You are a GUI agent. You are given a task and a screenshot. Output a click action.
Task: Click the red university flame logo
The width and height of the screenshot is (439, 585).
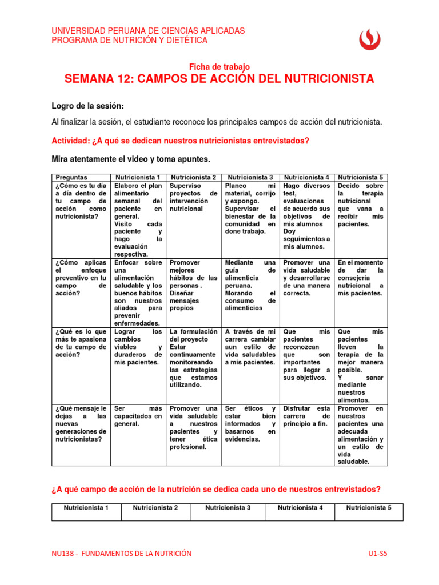[x=369, y=39]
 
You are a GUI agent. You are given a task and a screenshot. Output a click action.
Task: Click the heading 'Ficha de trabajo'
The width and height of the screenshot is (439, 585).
[x=219, y=67]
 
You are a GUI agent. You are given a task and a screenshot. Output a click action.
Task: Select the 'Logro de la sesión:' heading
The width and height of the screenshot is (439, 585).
[x=87, y=107]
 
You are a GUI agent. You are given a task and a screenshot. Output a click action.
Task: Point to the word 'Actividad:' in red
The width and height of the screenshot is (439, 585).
[x=71, y=141]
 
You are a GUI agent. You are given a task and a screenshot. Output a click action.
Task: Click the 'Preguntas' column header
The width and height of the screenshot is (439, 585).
[x=72, y=178]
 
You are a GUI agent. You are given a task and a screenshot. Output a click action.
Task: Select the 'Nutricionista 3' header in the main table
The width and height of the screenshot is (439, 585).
[x=250, y=178]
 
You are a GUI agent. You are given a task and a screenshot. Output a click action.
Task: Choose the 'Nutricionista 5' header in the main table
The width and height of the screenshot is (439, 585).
[x=361, y=178]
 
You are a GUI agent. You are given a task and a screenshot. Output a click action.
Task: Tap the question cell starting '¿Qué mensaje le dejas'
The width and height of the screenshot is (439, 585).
[x=81, y=424]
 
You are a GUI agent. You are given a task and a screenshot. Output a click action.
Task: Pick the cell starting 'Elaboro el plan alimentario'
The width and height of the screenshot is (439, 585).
[x=138, y=220]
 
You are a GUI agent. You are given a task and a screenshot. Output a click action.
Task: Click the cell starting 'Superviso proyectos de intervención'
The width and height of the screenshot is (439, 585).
[x=194, y=198]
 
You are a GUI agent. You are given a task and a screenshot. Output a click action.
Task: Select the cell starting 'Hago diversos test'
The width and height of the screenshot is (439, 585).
[x=306, y=217]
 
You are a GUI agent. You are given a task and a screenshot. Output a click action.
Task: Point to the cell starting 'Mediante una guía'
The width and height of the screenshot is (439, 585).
[x=250, y=285]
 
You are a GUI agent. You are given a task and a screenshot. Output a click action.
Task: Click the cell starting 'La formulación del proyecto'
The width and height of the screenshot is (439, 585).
[x=194, y=358]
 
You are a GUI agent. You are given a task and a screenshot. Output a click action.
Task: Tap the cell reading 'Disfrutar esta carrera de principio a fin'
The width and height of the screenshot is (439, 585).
[x=306, y=416]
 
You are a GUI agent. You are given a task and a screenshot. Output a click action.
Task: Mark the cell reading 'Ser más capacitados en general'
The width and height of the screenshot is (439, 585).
[x=138, y=416]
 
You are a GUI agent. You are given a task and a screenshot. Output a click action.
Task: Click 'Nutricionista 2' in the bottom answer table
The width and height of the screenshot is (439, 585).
[x=155, y=507]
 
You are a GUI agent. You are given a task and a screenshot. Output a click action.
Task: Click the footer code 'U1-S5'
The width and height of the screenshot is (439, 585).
[x=381, y=553]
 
